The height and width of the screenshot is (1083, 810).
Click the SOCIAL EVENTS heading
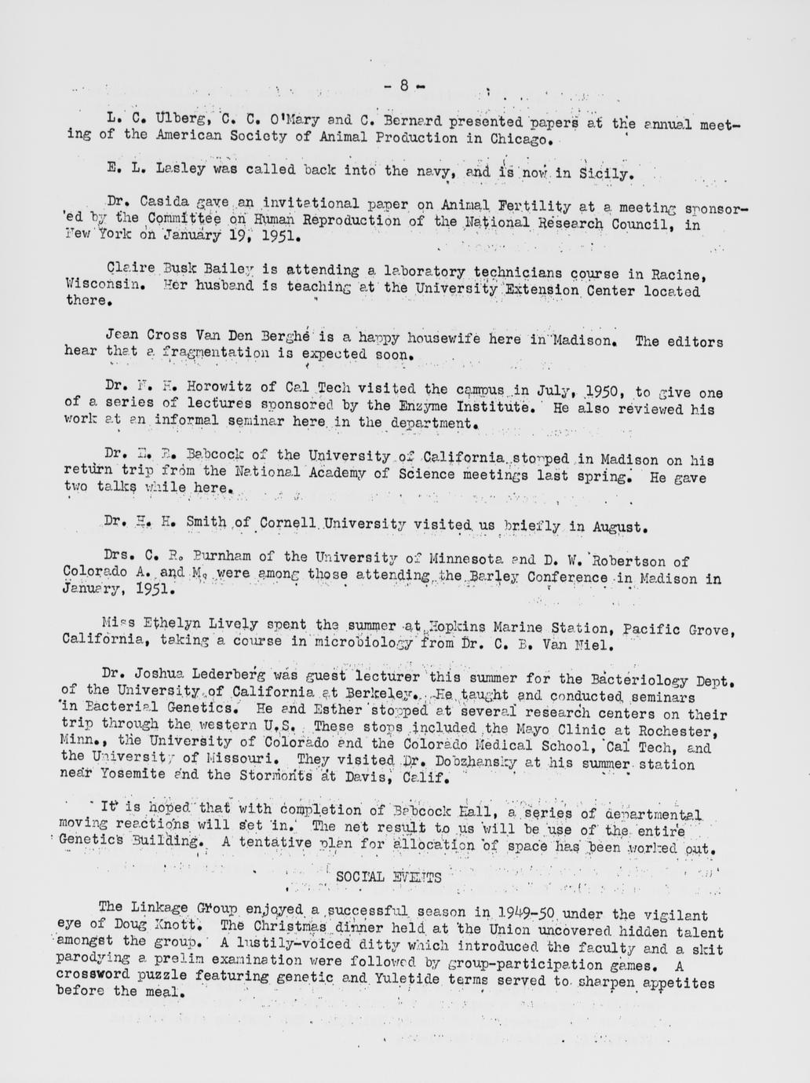388,876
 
